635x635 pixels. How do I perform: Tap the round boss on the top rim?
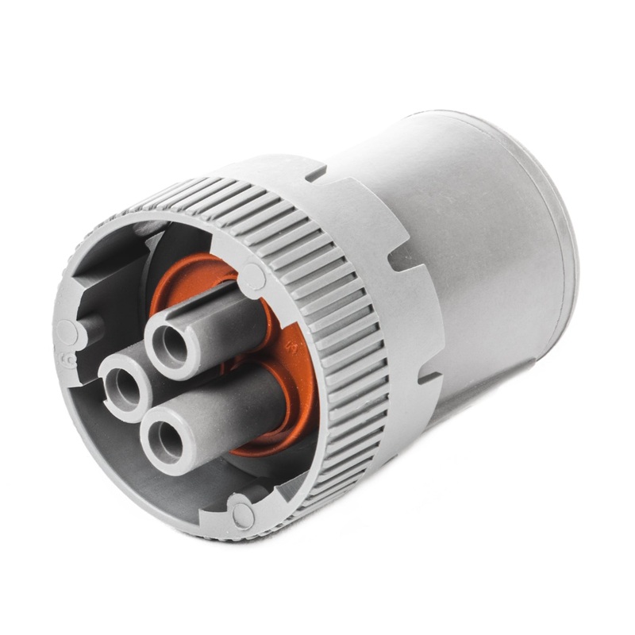253,276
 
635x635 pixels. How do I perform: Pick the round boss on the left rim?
67,332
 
